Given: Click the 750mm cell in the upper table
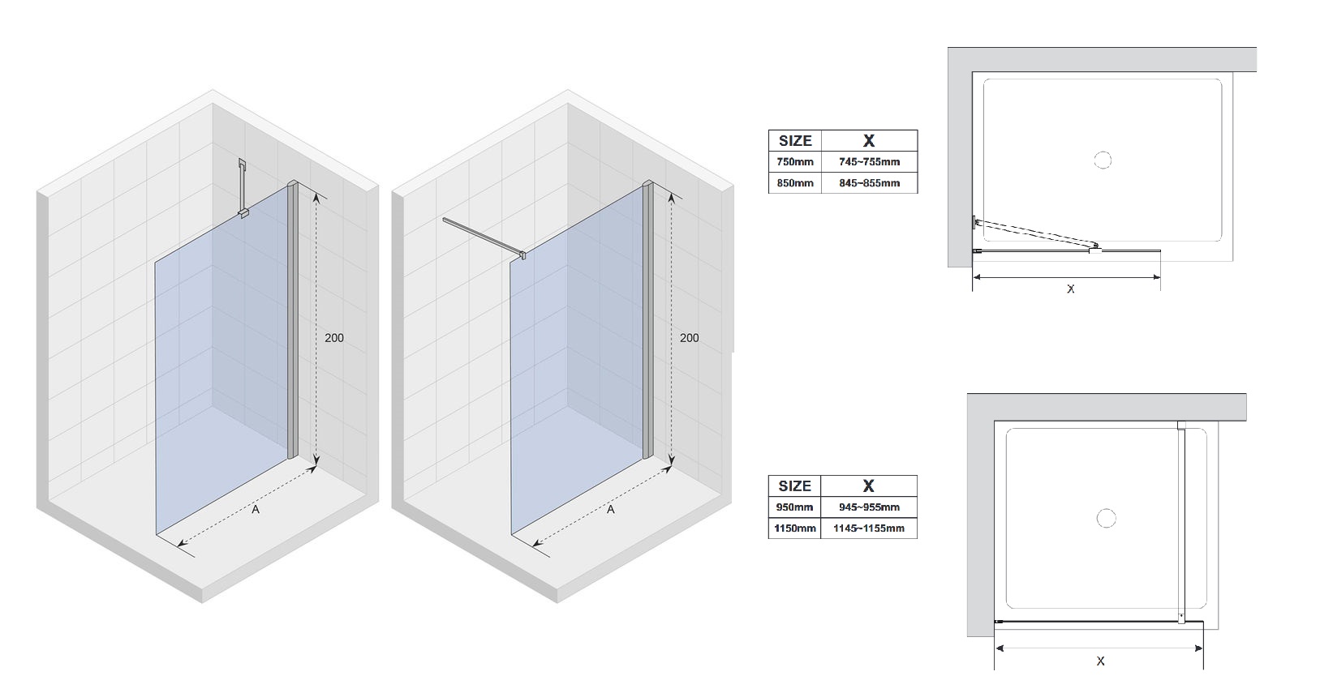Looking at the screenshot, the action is coord(794,161).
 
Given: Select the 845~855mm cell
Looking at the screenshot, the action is coord(870,183).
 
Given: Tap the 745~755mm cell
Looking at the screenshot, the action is coord(870,161).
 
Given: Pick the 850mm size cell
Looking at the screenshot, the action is coord(794,183).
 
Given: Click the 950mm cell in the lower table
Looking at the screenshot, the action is coord(793,507).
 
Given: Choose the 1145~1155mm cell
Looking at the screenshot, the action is coord(869,528).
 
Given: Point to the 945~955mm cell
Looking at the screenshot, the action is coord(869,507).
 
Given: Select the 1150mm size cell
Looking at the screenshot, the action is coord(793,528).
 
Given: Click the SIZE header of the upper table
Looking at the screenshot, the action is coord(795,141).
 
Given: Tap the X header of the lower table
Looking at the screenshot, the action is coord(869,486).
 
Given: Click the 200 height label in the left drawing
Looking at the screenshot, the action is coord(333,338).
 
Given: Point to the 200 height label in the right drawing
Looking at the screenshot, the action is coord(689,338).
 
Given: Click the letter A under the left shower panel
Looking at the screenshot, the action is coord(256,509).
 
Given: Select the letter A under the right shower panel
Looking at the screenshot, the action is coord(611,509).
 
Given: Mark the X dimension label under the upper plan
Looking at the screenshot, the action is coord(1071,289).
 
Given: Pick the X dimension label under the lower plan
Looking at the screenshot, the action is coord(1100,661).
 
